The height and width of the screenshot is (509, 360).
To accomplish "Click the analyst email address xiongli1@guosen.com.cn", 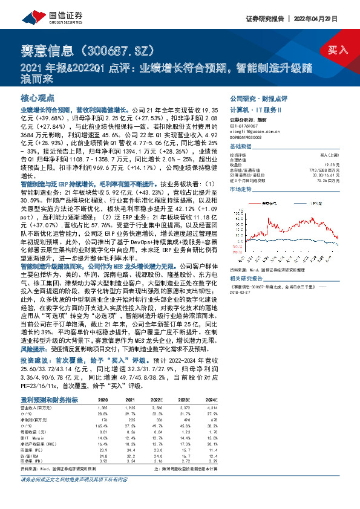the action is click(x=252, y=131).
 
